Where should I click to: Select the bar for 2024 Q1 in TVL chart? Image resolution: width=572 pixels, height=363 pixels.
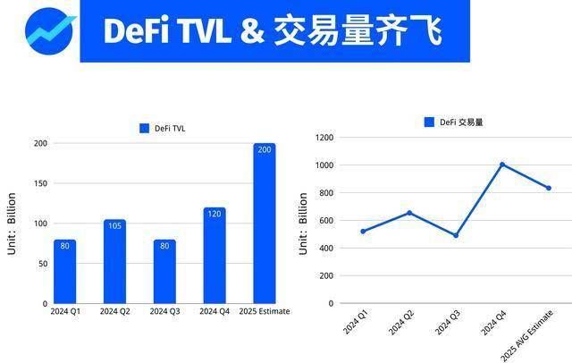(64, 272)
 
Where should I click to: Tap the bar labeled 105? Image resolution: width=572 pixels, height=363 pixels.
(114, 261)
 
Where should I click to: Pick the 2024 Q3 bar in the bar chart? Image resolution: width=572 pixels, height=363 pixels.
(164, 272)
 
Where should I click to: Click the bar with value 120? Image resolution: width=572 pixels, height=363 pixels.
(214, 256)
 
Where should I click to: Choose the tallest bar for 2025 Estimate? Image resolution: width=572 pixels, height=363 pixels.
(264, 224)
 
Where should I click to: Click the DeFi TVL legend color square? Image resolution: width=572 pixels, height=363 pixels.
(144, 129)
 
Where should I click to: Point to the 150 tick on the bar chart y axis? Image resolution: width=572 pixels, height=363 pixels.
(40, 183)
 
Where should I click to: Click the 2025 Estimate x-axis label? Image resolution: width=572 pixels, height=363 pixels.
(265, 311)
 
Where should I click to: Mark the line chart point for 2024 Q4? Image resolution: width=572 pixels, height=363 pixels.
(502, 165)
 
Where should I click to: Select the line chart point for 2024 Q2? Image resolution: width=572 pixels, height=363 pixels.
(409, 213)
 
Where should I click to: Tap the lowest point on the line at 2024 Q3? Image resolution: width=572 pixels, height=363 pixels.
(455, 235)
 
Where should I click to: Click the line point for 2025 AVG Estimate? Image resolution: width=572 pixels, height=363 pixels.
(548, 188)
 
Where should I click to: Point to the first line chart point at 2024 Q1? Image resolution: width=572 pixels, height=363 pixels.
(363, 232)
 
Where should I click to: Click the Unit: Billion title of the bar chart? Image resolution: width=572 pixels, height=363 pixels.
(13, 224)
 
